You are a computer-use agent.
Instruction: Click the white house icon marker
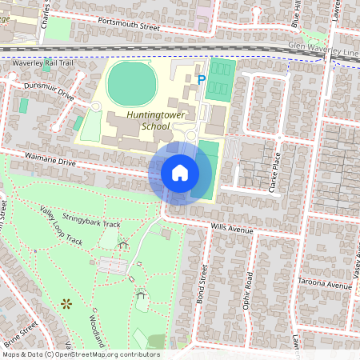(180, 172)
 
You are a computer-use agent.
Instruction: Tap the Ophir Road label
(249, 290)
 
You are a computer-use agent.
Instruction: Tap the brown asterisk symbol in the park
(66, 303)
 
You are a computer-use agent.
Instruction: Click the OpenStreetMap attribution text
(80, 354)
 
